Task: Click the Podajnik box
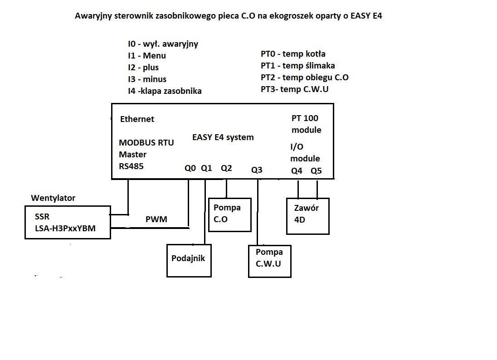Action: click(x=189, y=260)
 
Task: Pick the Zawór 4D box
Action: click(x=307, y=216)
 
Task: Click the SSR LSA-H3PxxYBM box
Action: click(x=67, y=222)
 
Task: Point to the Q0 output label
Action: click(x=190, y=168)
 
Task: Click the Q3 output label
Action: click(x=257, y=170)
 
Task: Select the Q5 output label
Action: click(x=316, y=171)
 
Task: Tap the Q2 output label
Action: click(x=226, y=168)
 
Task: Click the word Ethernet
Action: click(x=137, y=119)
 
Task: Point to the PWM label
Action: click(x=156, y=219)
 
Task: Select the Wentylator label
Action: click(x=53, y=198)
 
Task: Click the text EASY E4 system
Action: click(x=223, y=137)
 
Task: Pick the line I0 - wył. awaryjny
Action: click(x=163, y=44)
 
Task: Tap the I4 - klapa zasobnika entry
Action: click(x=165, y=91)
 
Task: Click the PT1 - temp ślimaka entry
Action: click(x=297, y=65)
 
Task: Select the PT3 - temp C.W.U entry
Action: click(x=294, y=89)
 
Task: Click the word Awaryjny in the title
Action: click(x=93, y=16)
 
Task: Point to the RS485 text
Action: click(x=131, y=166)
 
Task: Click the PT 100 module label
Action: click(x=306, y=124)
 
